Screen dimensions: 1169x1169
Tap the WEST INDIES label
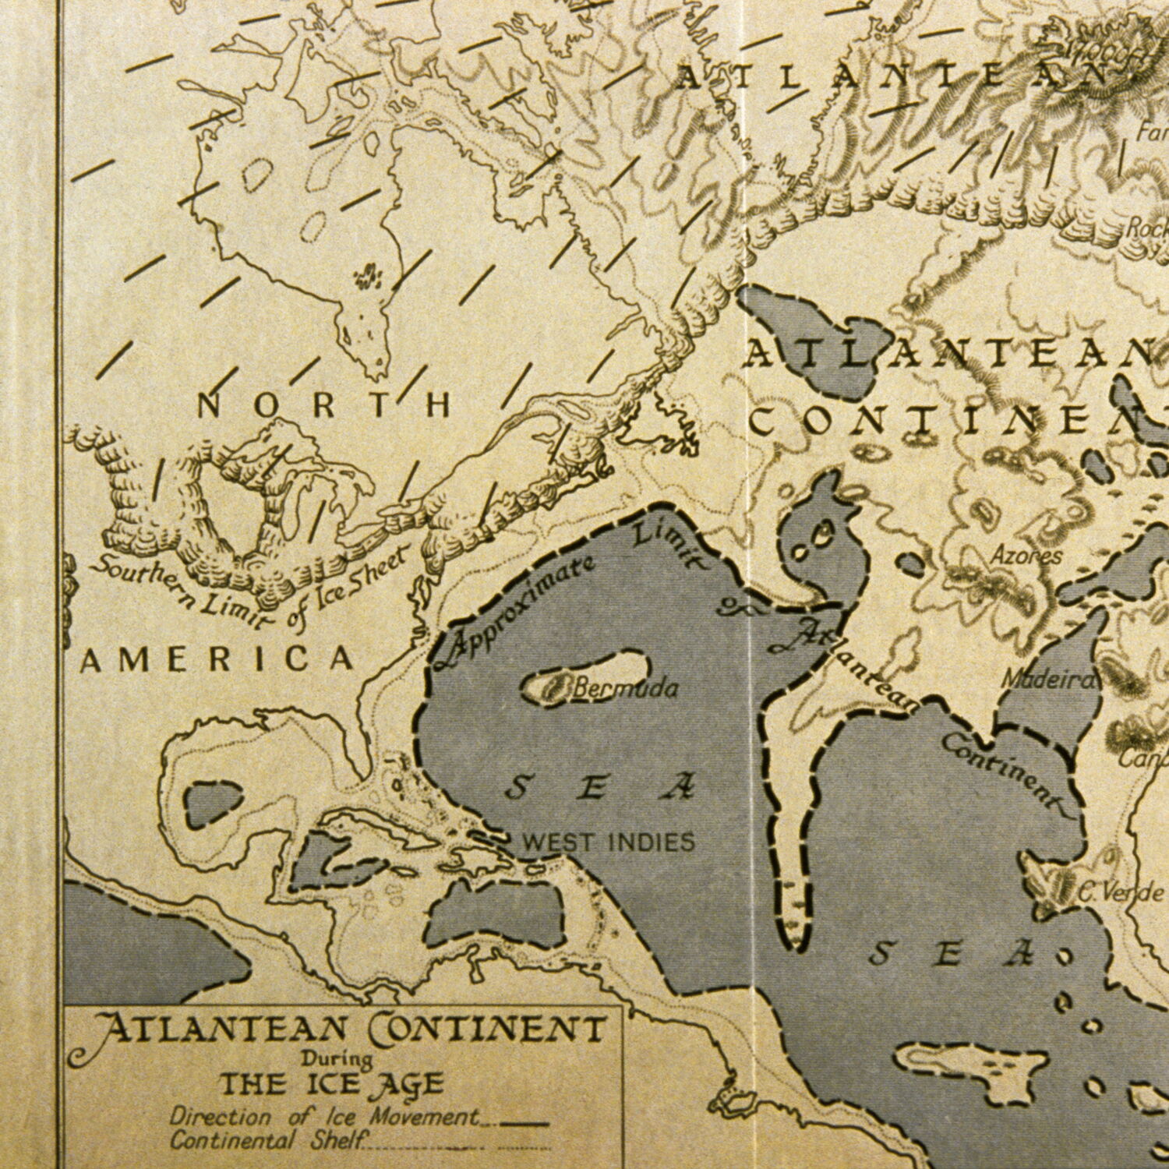(x=607, y=842)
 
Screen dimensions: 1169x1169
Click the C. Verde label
(x=1122, y=893)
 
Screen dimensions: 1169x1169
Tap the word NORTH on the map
(x=323, y=405)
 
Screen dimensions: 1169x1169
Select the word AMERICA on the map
(x=218, y=660)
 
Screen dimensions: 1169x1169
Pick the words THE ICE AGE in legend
(x=331, y=1084)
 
